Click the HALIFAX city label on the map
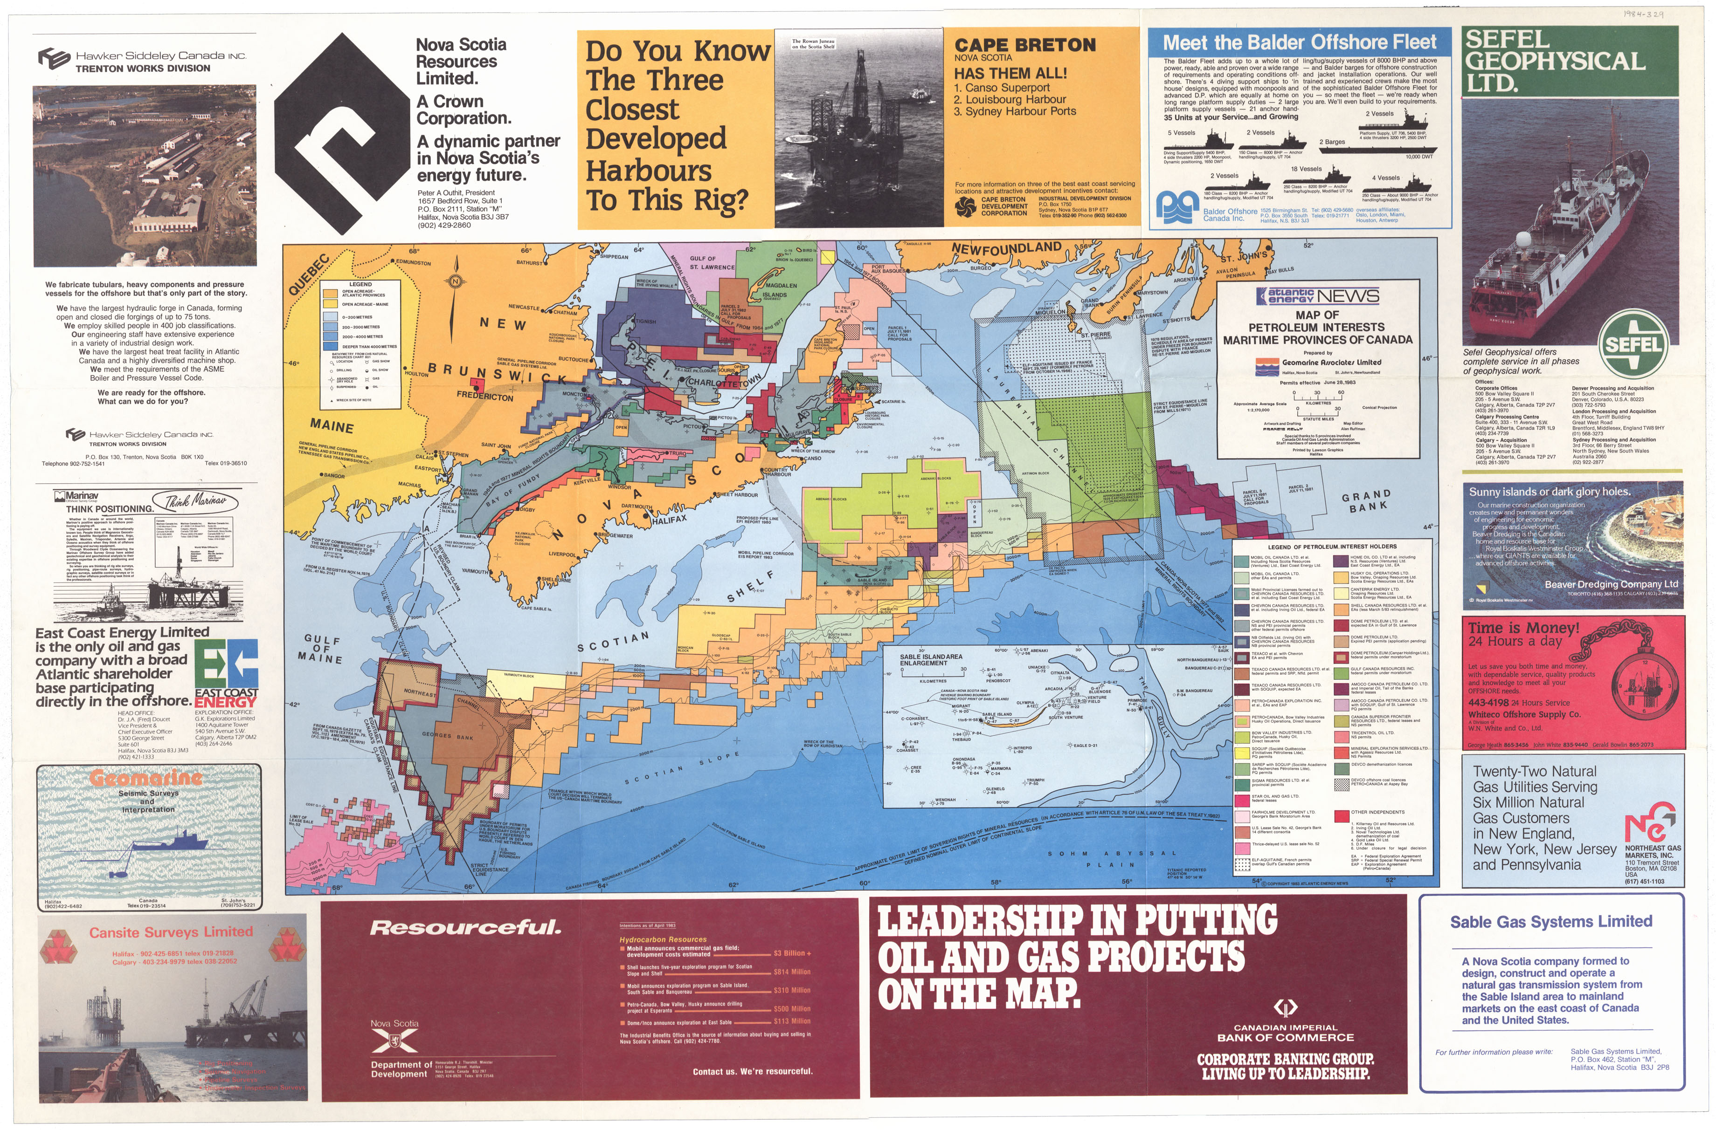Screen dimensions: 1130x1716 pyautogui.click(x=670, y=519)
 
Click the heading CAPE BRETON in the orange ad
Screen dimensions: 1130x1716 pyautogui.click(x=1024, y=45)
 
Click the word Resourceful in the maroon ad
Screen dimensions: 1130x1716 pyautogui.click(x=465, y=927)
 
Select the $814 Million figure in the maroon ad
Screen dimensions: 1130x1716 pyautogui.click(x=792, y=972)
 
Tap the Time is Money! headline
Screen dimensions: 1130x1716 pyautogui.click(x=1523, y=627)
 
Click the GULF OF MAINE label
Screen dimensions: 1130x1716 pyautogui.click(x=322, y=649)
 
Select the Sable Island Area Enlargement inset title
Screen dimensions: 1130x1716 pyautogui.click(x=930, y=659)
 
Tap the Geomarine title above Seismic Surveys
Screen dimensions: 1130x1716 pyautogui.click(x=146, y=778)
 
